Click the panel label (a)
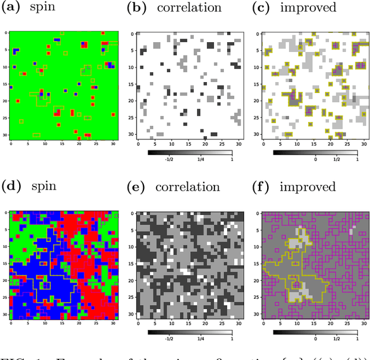point(10,8)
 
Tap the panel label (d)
point(10,187)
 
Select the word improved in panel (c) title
point(308,9)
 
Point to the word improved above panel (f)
point(308,187)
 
